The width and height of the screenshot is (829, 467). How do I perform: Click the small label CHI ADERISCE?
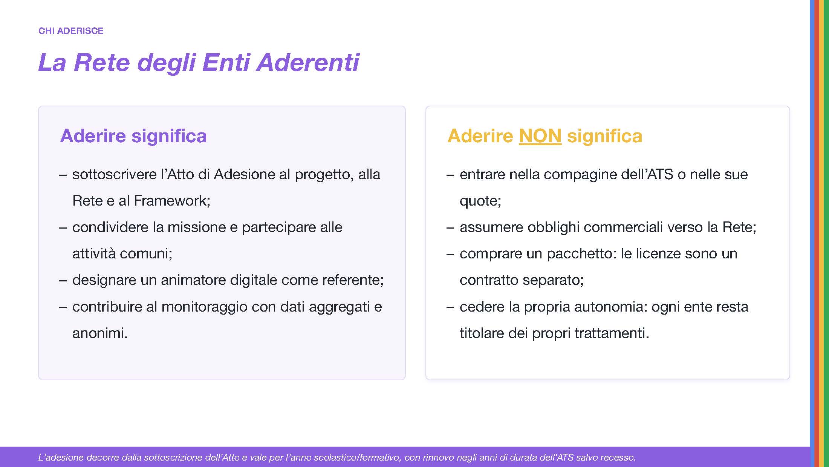click(x=71, y=31)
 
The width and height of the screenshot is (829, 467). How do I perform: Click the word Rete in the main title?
click(x=102, y=62)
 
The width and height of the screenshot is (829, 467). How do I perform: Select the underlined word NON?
click(x=540, y=136)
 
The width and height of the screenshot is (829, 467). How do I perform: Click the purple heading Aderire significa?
click(x=133, y=136)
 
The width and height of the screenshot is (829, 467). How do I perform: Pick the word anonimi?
click(x=100, y=333)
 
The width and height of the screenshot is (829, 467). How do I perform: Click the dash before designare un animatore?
click(x=63, y=280)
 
